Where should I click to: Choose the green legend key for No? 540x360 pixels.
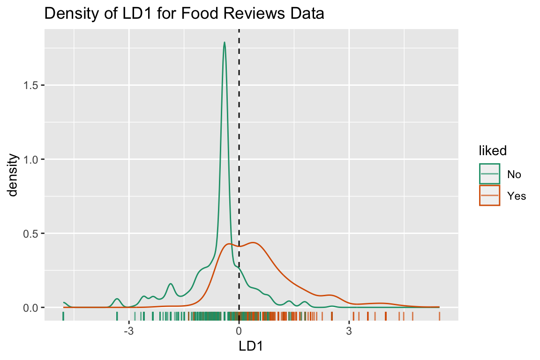489,174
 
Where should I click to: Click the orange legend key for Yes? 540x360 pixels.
489,195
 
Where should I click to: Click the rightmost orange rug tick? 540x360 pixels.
439,316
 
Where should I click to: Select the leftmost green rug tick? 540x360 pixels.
63,316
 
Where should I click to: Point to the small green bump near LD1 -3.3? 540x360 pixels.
117,299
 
